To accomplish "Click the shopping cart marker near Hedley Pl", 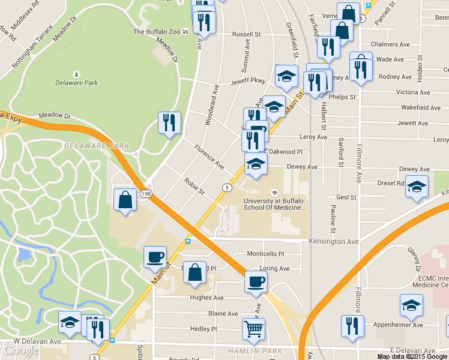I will (x=253, y=329).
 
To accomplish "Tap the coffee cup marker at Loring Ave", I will (x=256, y=281).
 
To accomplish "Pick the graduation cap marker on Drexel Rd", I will (x=417, y=187).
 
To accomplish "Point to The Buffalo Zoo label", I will (x=157, y=32).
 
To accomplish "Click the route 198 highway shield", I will (x=146, y=194).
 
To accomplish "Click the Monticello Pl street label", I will (x=265, y=254).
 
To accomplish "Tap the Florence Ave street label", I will (x=208, y=156).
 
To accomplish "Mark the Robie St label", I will (x=194, y=187).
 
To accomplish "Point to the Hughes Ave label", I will (x=206, y=298).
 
